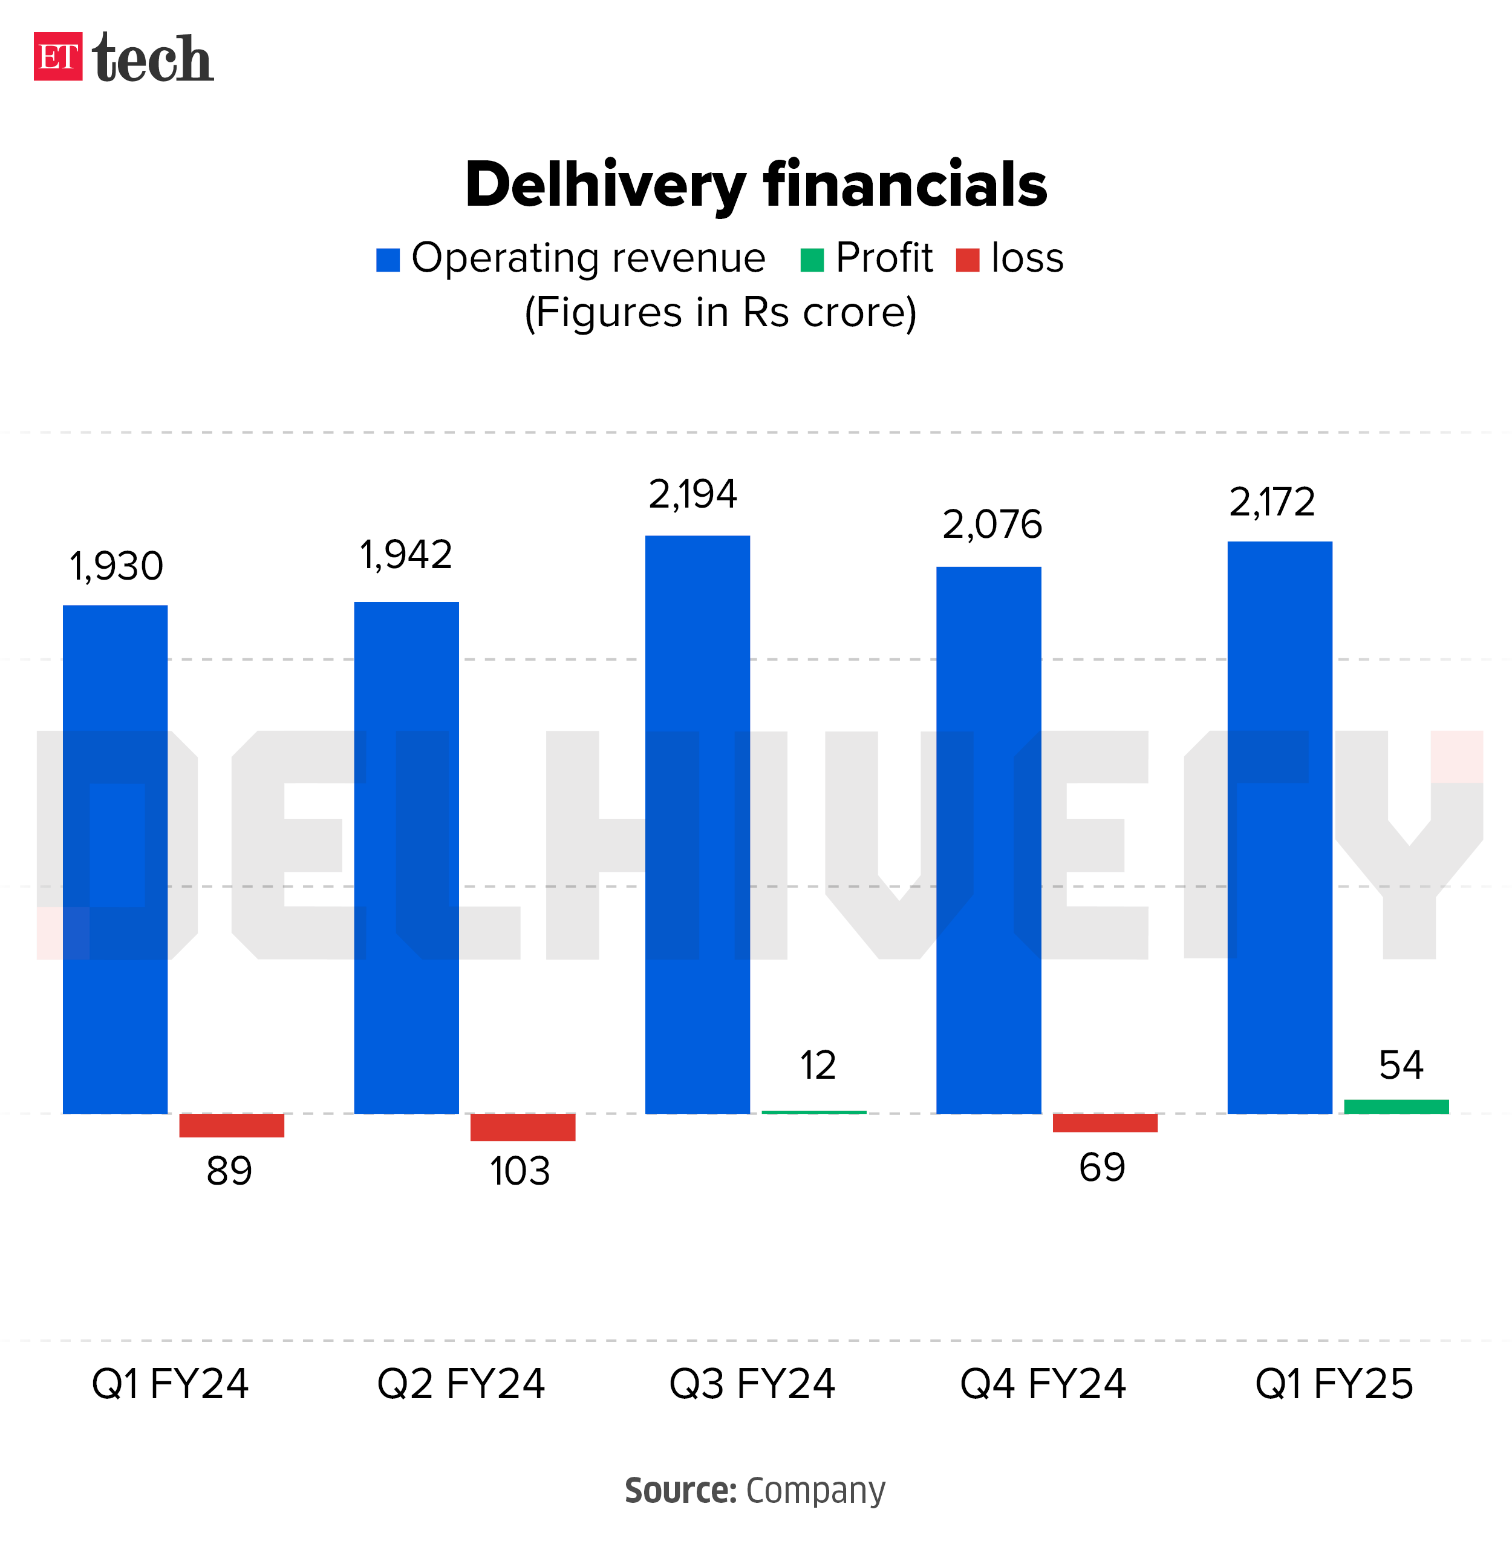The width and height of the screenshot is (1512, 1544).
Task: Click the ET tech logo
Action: (x=123, y=57)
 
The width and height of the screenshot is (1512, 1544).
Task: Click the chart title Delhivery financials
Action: (x=755, y=185)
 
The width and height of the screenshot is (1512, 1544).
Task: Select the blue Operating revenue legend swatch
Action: (x=388, y=260)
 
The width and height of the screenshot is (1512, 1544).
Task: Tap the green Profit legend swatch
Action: (x=812, y=260)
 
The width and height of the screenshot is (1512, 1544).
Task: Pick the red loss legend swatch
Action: (x=967, y=260)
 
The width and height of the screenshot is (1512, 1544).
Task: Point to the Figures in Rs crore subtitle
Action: (x=720, y=312)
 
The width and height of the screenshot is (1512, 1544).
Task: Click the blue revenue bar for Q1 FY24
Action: (x=115, y=859)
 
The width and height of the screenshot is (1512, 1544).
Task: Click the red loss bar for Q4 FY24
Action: (x=1104, y=1122)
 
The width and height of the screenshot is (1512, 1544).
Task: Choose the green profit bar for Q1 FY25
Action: (x=1396, y=1107)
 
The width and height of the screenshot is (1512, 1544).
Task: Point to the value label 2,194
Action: (x=692, y=495)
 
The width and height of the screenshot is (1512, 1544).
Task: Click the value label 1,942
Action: (x=406, y=554)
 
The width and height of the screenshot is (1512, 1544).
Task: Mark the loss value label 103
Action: (x=520, y=1171)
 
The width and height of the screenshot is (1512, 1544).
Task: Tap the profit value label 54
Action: (x=1401, y=1065)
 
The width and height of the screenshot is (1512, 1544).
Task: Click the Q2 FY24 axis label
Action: (x=461, y=1384)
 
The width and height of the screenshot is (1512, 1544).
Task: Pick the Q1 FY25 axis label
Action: (x=1334, y=1384)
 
